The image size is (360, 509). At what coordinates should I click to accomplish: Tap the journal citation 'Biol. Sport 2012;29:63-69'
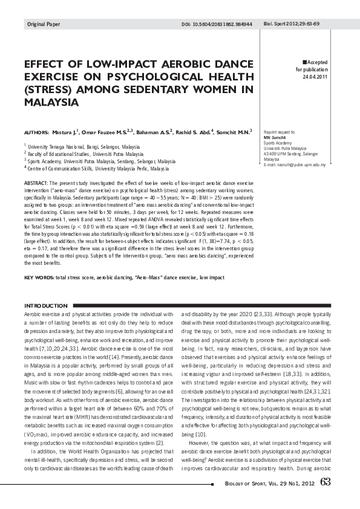pos(292,24)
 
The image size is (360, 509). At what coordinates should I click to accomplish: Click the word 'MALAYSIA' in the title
pos(51,102)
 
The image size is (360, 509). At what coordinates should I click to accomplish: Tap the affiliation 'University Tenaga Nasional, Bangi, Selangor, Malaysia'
pos(83,146)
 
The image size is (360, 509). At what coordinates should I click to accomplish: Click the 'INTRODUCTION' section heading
pos(45,306)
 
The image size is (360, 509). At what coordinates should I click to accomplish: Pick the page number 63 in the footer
pos(326,482)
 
